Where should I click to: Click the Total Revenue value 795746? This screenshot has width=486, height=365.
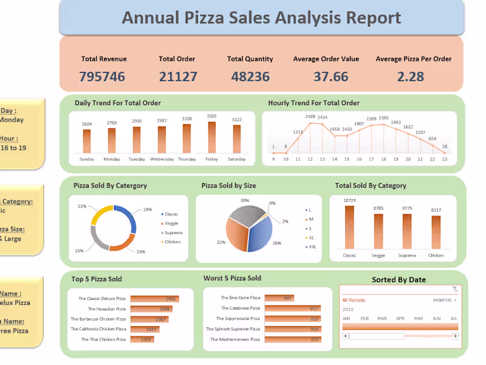(102, 76)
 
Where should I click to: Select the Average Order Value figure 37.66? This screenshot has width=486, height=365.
(331, 76)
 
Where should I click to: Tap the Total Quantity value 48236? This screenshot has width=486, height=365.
(250, 76)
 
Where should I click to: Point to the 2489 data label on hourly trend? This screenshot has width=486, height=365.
(310, 117)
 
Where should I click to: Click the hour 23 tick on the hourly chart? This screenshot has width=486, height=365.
(445, 159)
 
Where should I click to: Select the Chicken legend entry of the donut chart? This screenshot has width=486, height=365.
(171, 242)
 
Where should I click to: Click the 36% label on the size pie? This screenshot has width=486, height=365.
(277, 243)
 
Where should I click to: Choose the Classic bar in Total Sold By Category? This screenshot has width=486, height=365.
(349, 227)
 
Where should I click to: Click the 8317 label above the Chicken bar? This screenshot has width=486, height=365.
(436, 210)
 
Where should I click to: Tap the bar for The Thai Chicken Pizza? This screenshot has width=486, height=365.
(142, 339)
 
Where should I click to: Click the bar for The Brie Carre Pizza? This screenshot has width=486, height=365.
(279, 298)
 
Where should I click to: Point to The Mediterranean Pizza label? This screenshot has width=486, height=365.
(234, 339)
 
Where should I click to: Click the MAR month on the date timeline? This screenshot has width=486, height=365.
(383, 319)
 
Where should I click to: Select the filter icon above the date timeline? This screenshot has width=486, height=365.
(455, 289)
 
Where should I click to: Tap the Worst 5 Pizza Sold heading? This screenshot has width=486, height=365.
(232, 278)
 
